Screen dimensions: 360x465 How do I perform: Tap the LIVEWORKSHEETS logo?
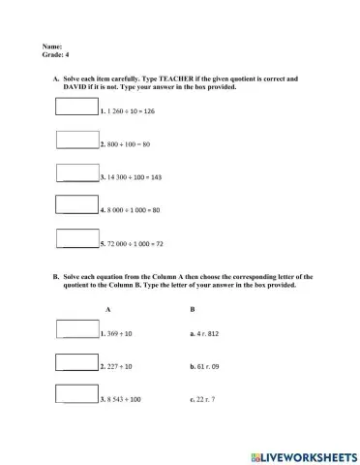[304, 454]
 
